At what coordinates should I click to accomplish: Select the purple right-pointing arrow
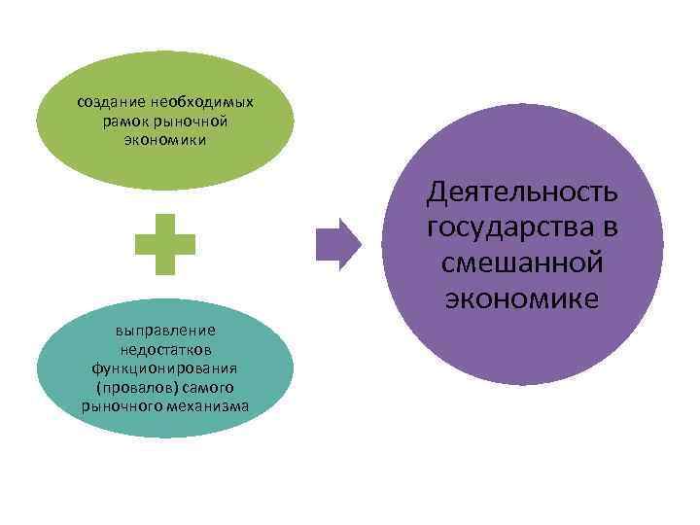coord(338,243)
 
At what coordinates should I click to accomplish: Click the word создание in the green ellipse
coord(112,101)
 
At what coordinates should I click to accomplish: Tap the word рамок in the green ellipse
coord(122,121)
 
